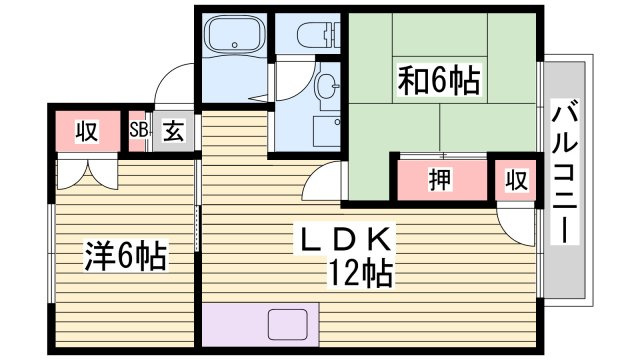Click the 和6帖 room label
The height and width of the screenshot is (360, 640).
(x=439, y=80)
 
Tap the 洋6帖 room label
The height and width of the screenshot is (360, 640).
(x=125, y=256)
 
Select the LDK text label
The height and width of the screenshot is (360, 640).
(x=348, y=240)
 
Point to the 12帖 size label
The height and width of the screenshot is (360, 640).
(x=361, y=273)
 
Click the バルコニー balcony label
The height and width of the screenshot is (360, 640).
(x=565, y=171)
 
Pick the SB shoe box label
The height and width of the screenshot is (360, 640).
(x=138, y=130)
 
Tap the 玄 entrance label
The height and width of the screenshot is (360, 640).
(x=173, y=131)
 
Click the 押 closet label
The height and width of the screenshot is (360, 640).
(x=440, y=180)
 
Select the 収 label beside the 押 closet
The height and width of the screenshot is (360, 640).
(x=517, y=180)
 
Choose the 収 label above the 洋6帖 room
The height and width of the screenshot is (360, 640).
(x=87, y=131)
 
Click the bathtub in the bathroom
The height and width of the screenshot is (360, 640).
(x=234, y=34)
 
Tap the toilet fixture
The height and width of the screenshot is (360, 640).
(x=318, y=33)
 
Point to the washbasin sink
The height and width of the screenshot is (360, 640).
(x=329, y=87)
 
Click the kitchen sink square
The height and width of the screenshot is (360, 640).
(x=288, y=324)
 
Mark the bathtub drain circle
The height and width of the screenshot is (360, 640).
(x=234, y=44)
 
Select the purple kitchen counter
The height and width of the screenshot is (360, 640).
(x=260, y=324)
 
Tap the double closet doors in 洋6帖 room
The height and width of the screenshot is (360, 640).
(x=87, y=173)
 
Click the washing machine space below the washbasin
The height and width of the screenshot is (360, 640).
(x=327, y=132)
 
